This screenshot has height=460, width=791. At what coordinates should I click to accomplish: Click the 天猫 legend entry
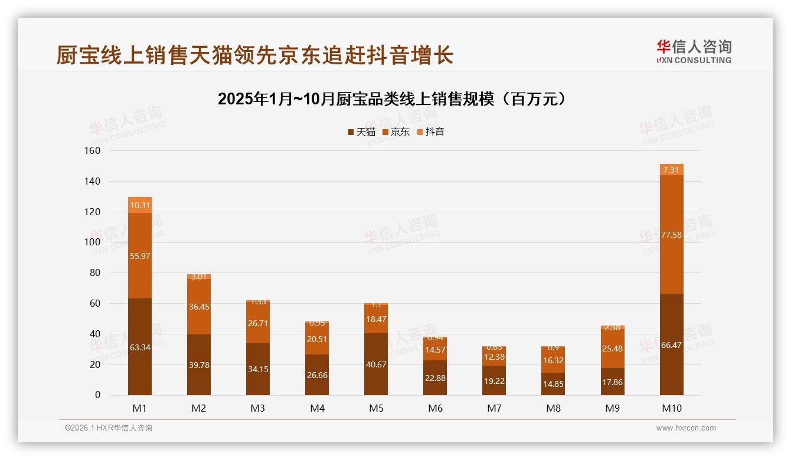(x=361, y=132)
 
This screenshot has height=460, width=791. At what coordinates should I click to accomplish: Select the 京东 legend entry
(x=395, y=132)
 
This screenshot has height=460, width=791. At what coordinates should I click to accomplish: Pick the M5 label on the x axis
(x=376, y=408)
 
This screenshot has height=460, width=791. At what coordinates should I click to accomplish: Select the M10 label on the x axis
(x=671, y=408)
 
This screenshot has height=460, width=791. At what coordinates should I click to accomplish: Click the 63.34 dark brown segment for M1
(x=140, y=347)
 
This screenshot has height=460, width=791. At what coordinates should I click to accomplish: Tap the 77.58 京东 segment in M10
(x=671, y=235)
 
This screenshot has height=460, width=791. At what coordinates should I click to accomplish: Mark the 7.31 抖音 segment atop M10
(x=671, y=170)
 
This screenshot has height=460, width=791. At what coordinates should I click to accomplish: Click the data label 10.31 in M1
(x=140, y=206)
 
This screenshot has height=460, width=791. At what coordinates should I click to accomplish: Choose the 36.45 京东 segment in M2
(x=199, y=307)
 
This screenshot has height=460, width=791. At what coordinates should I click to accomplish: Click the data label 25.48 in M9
(x=612, y=349)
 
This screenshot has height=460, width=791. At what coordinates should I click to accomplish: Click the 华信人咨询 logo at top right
(x=694, y=51)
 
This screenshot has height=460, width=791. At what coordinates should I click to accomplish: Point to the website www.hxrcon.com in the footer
(x=686, y=428)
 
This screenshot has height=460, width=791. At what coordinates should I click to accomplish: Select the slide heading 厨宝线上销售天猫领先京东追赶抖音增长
(x=255, y=55)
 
